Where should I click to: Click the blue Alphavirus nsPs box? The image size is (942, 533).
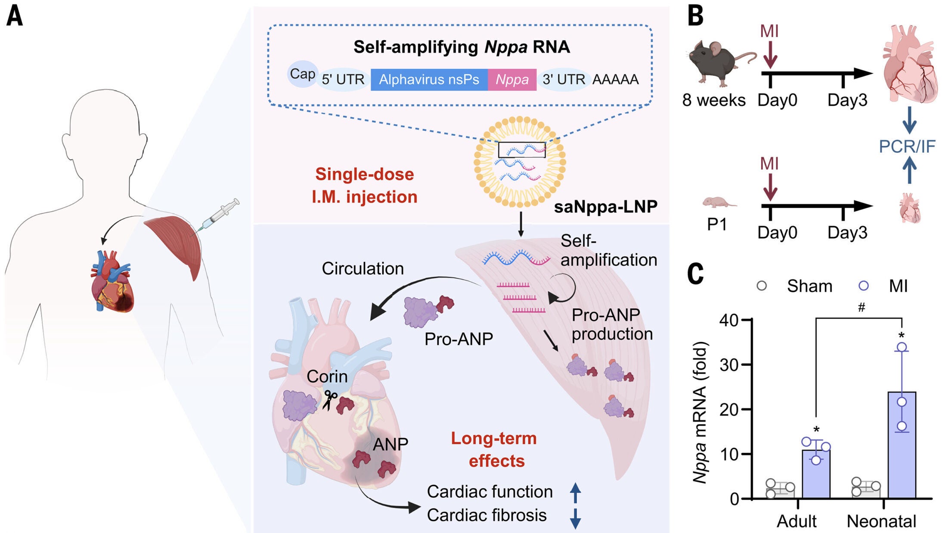429,80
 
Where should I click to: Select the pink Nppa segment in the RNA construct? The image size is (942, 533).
512,80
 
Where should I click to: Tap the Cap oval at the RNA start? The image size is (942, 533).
302,74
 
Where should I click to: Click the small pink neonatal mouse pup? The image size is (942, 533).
718,202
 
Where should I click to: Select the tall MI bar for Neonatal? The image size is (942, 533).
902,444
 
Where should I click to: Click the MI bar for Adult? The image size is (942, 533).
816,474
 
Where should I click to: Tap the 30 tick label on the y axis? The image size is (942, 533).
728,365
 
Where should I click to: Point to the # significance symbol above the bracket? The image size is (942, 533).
861,307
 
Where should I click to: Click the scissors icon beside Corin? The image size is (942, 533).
330,399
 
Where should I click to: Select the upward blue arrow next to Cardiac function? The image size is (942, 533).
575,492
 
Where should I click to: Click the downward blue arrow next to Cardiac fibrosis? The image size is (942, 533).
575,517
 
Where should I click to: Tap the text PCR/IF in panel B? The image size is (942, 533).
907,146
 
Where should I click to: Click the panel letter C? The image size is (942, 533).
695,274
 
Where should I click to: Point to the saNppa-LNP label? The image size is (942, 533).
605,207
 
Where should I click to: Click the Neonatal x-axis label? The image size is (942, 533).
881,521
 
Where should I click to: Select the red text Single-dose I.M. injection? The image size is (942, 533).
364,185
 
